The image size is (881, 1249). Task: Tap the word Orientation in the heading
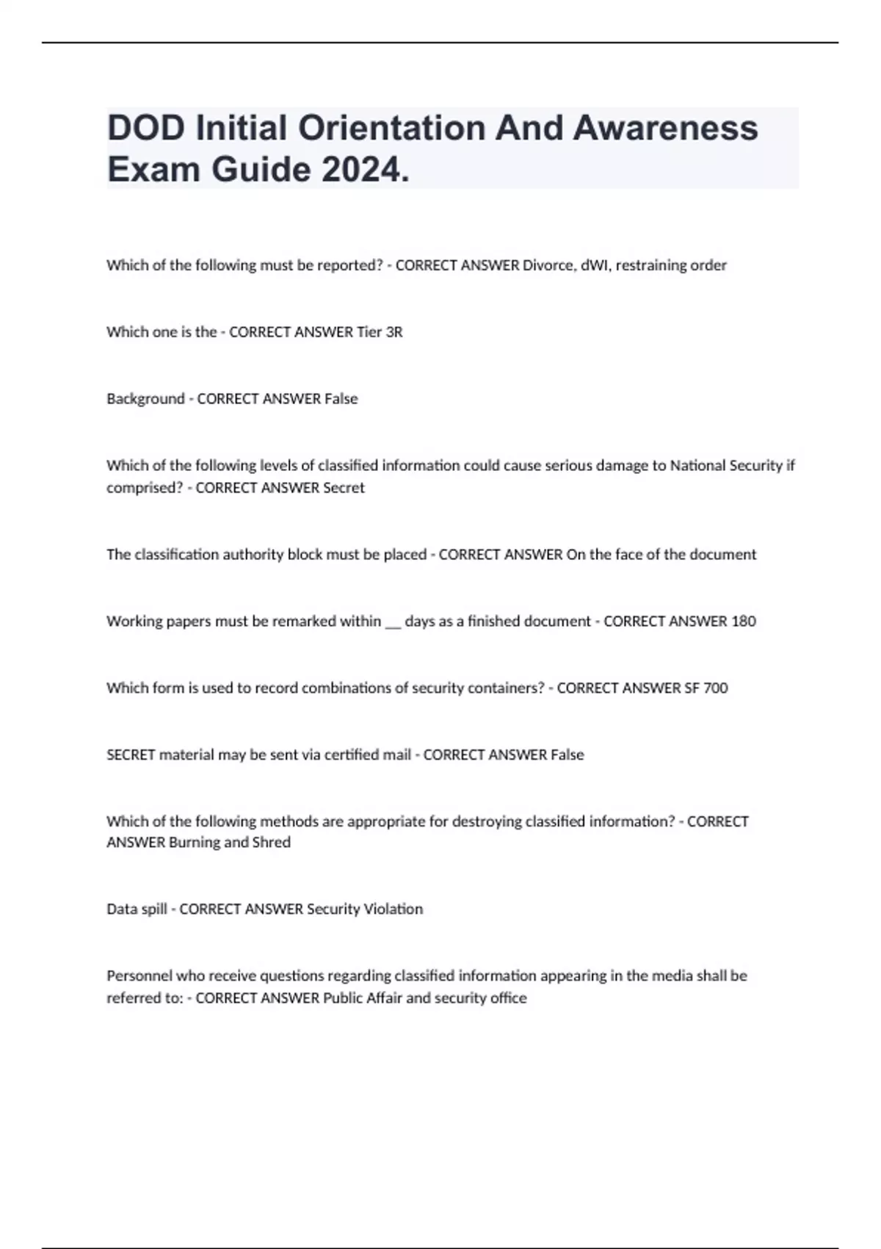click(391, 128)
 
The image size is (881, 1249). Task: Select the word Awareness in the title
click(664, 128)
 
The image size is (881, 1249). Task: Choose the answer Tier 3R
click(379, 332)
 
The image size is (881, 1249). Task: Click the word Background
click(145, 399)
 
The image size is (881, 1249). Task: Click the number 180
click(743, 622)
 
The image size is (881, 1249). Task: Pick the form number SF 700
click(706, 688)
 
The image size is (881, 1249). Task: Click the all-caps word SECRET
click(131, 755)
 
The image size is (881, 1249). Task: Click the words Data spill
click(137, 910)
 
